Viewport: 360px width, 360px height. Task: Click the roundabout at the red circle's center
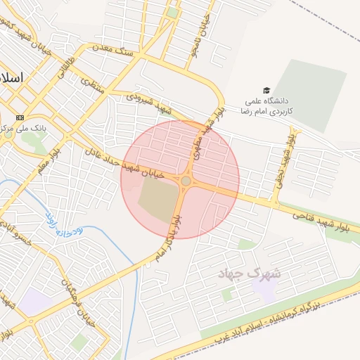pyautogui.click(x=186, y=181)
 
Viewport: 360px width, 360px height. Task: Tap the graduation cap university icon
pyautogui.click(x=266, y=90)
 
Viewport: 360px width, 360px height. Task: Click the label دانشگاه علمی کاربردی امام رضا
pyautogui.click(x=266, y=106)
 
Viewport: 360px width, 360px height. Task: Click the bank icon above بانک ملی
pyautogui.click(x=20, y=117)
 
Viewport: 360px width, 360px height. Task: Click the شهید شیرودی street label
pyautogui.click(x=149, y=104)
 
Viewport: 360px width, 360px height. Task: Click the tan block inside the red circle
pyautogui.click(x=156, y=199)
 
